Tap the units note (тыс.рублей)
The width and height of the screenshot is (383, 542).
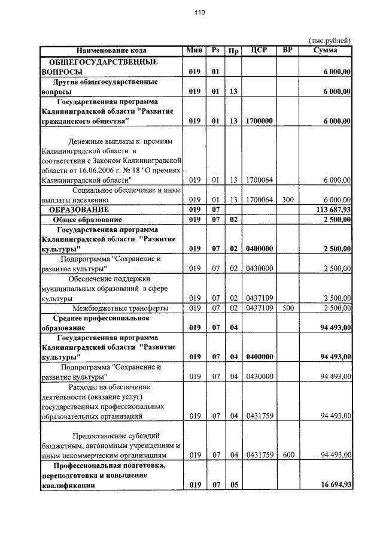pyautogui.click(x=329, y=40)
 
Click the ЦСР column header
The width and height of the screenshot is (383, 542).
pyautogui.click(x=259, y=50)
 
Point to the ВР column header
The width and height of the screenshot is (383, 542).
pyautogui.click(x=288, y=50)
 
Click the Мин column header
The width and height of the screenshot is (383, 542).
pyautogui.click(x=194, y=50)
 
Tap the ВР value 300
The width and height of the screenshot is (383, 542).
pyautogui.click(x=288, y=199)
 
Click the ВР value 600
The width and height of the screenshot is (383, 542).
pyautogui.click(x=288, y=455)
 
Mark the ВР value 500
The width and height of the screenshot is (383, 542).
pyautogui.click(x=288, y=308)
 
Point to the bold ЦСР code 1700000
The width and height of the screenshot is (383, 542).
pyautogui.click(x=259, y=121)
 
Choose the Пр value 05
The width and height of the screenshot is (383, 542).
pyautogui.click(x=233, y=485)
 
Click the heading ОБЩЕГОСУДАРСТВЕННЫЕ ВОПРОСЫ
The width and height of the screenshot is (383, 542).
pyautogui.click(x=99, y=66)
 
